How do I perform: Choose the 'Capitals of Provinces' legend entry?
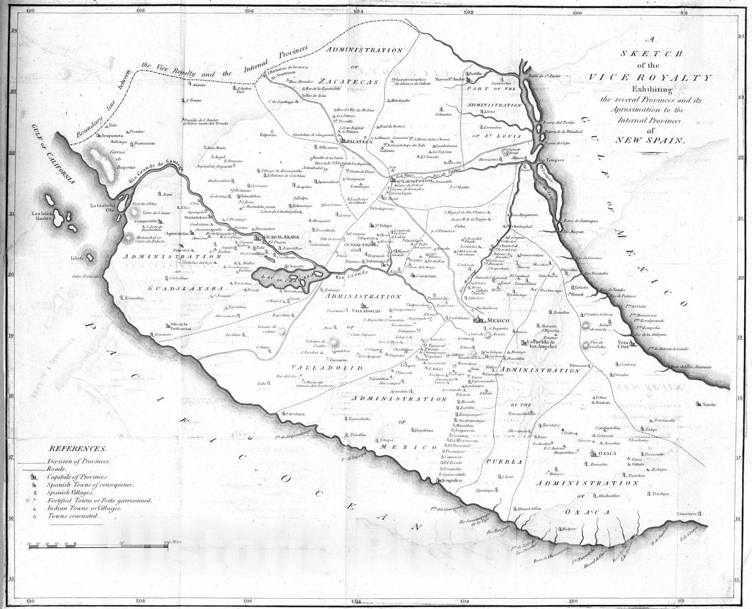pyautogui.click(x=77, y=477)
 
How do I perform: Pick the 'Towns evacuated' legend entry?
pyautogui.click(x=73, y=516)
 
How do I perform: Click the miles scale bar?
pyautogui.click(x=99, y=545)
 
